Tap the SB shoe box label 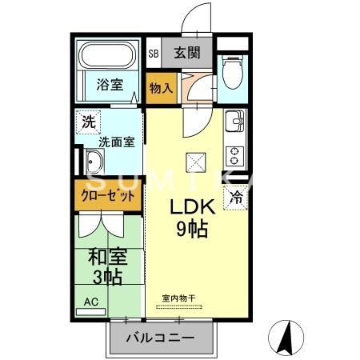point(153,54)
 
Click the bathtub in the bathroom point(108,56)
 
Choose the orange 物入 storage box point(161,86)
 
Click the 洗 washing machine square point(86,123)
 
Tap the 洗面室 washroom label point(115,142)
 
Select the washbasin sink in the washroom point(91,166)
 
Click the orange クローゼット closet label point(109,196)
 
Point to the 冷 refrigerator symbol point(237,195)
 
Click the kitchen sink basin point(234,123)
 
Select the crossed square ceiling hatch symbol point(196,162)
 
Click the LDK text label point(190,206)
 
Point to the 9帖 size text point(191,230)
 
